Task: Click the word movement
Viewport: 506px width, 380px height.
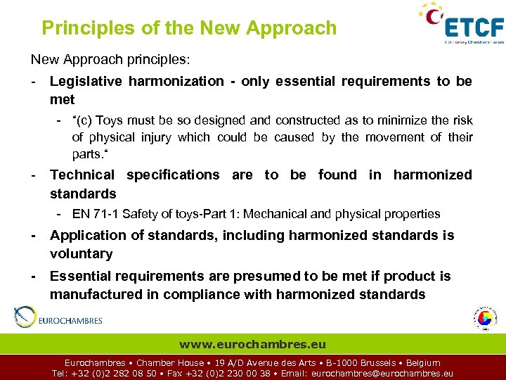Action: (391, 137)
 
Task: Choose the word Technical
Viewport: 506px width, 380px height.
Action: (82, 175)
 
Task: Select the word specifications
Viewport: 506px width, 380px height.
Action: (173, 175)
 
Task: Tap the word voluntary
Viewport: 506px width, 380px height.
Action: (82, 253)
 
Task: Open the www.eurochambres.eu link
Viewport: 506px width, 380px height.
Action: (252, 345)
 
